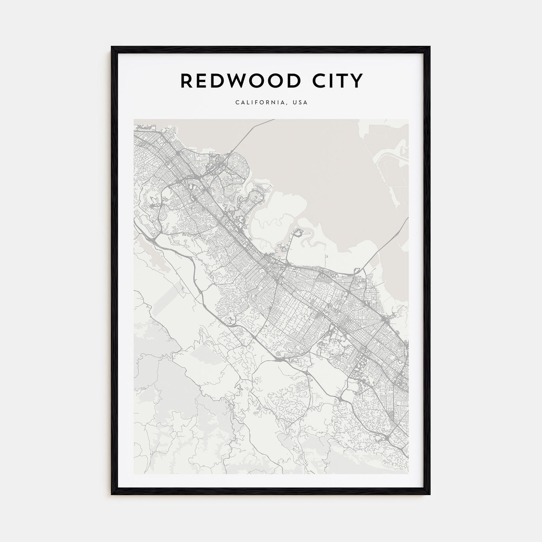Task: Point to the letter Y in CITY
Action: [357, 81]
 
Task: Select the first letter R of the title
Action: [186, 81]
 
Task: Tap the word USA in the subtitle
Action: [300, 103]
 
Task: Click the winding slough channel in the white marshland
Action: [271, 225]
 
